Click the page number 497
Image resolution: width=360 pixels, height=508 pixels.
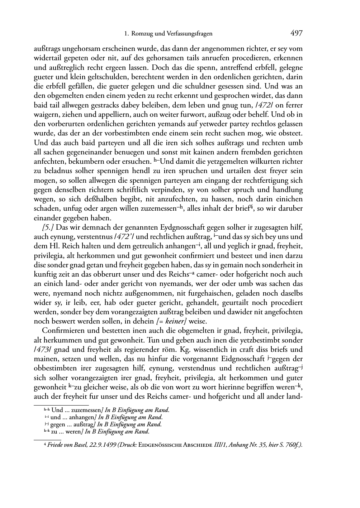pyautogui.click(x=297, y=33)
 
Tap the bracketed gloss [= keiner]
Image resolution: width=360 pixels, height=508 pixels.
pyautogui.click(x=174, y=321)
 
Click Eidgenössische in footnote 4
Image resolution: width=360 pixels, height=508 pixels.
pyautogui.click(x=157, y=445)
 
